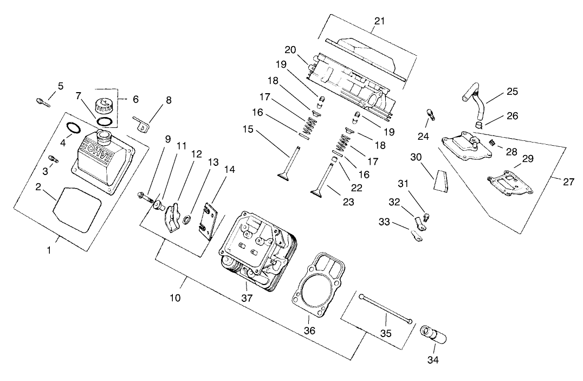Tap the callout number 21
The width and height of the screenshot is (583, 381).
coord(379,22)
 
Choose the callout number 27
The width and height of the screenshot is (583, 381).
coord(568,182)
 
